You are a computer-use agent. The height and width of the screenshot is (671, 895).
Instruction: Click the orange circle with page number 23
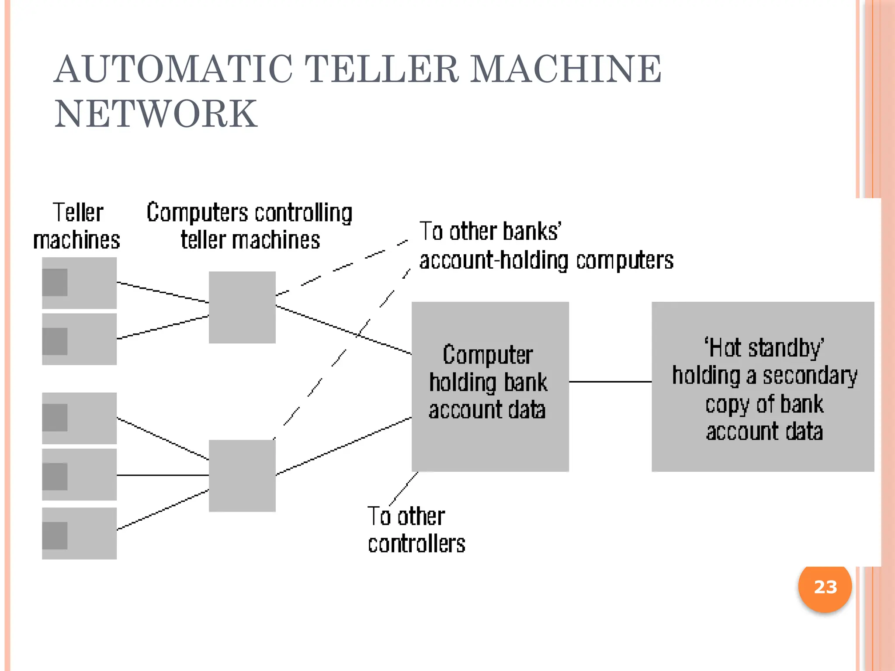click(x=825, y=587)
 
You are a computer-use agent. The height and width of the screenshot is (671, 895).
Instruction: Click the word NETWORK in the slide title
click(x=156, y=114)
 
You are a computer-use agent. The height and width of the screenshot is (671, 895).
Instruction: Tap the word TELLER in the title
click(x=381, y=69)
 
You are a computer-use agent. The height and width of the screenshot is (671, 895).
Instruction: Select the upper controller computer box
click(x=242, y=307)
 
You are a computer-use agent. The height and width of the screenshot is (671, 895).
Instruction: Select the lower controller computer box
click(x=242, y=475)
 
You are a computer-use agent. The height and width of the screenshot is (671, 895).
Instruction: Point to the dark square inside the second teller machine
click(x=55, y=341)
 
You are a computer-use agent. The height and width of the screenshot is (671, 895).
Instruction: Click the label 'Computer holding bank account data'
click(x=488, y=382)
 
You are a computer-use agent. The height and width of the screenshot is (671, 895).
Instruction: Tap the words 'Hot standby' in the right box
click(x=764, y=348)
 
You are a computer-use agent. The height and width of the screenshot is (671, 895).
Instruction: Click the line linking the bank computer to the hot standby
click(x=610, y=382)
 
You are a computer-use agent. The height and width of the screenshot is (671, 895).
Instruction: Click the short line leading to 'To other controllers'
click(x=404, y=489)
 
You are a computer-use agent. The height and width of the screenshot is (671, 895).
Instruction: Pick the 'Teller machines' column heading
click(x=77, y=226)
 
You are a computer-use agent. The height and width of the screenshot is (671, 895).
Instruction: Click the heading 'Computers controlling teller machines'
click(x=250, y=226)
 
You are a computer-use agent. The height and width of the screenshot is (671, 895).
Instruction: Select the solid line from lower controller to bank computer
click(x=343, y=446)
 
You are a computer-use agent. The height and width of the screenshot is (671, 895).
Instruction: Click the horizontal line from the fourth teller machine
click(x=163, y=475)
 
